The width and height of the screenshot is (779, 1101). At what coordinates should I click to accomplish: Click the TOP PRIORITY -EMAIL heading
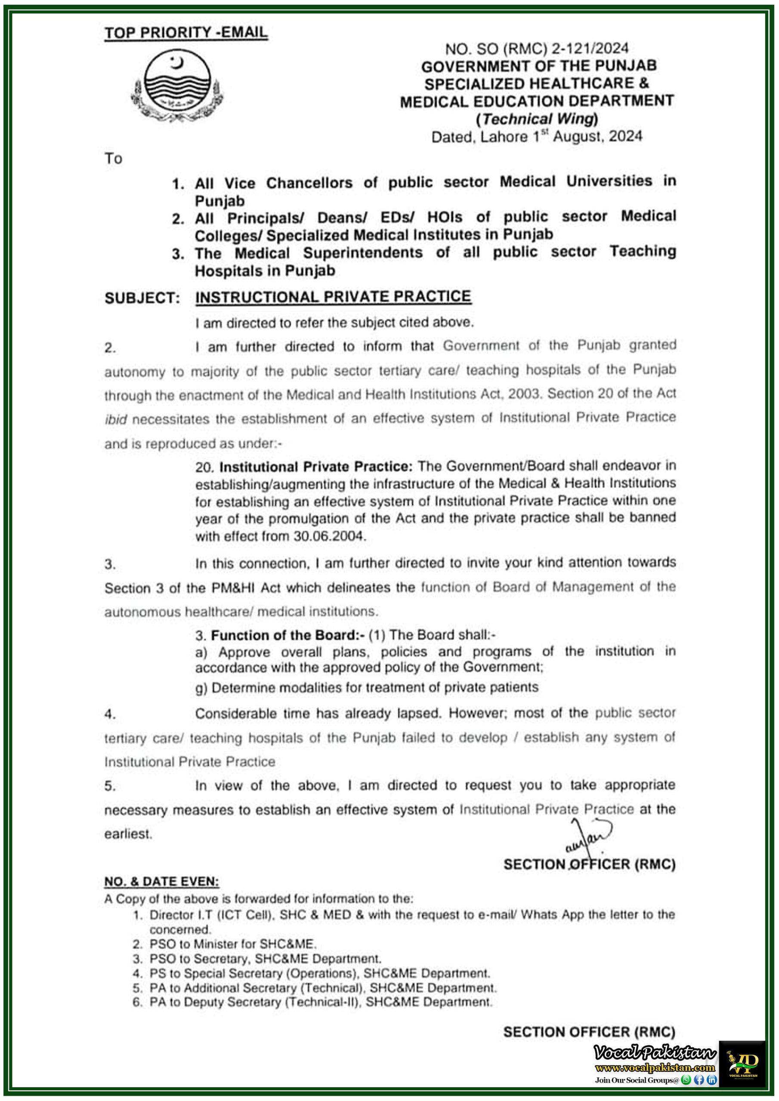186,33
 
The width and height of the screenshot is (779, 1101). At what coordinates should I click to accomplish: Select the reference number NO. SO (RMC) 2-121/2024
537,49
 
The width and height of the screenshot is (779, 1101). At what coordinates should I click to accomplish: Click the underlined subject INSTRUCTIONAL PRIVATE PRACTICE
333,297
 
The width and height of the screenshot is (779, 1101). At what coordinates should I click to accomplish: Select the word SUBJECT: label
142,298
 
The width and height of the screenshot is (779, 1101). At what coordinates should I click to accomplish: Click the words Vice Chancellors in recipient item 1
288,183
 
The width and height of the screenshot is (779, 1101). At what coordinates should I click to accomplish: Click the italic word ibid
116,420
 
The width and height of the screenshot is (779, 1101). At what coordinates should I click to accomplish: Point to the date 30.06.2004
329,536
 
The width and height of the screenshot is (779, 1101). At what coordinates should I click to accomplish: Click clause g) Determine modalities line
367,688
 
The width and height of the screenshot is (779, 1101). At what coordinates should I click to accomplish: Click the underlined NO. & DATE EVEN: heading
161,881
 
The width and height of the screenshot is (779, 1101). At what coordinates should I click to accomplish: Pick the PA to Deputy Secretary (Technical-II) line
321,1002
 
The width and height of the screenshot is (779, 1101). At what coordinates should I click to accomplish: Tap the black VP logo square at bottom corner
742,1064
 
